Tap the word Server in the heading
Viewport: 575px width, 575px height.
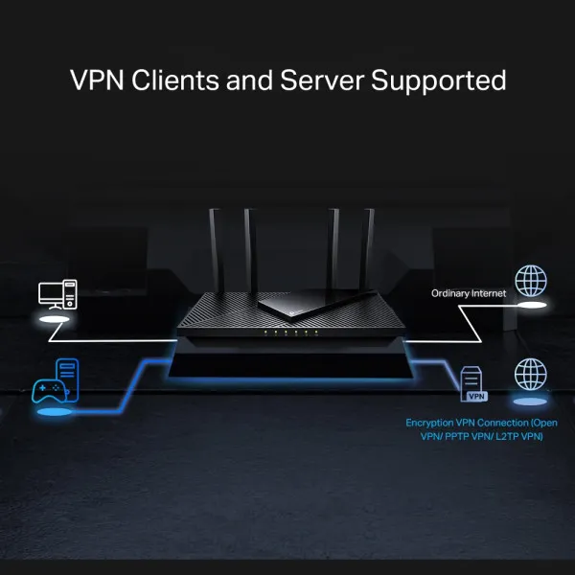point(311,80)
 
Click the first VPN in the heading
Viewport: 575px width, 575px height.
point(96,80)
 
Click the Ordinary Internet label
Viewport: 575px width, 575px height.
point(468,293)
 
